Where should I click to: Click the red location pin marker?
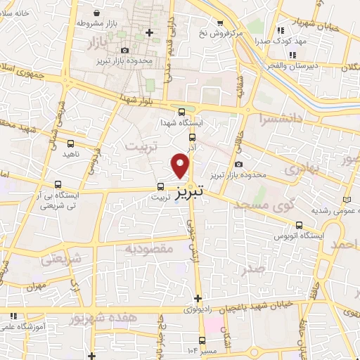point(181,166)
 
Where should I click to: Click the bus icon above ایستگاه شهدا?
point(182,112)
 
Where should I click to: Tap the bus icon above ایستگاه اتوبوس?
point(300,226)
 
